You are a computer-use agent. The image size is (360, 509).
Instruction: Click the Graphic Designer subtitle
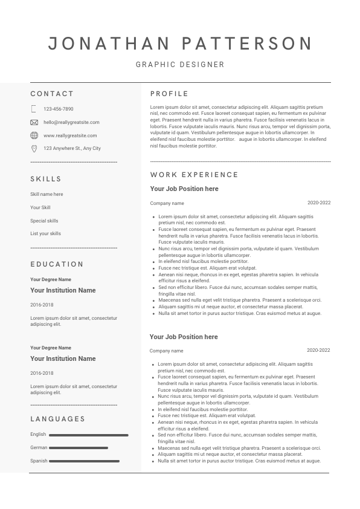180,65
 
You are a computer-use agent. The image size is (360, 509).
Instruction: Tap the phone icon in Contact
34,109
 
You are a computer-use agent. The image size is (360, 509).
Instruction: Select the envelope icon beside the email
34,122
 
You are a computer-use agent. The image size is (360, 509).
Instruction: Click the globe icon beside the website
34,135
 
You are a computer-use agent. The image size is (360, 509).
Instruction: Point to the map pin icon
34,148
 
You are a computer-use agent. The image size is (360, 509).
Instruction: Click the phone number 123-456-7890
59,109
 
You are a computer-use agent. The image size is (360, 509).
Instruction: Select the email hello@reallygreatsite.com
71,122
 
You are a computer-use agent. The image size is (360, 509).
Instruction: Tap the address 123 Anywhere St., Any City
72,148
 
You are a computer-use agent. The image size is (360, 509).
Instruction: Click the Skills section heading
46,179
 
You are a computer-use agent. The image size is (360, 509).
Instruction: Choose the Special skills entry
44,221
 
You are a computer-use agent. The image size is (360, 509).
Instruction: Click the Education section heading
57,264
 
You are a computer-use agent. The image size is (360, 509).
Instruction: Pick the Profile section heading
169,94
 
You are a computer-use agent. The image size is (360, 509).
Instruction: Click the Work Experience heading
194,175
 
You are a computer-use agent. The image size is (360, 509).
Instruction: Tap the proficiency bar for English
88,435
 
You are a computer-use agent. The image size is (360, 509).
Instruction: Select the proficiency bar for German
79,448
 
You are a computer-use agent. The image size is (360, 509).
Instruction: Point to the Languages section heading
57,419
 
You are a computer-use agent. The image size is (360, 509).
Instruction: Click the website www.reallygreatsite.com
70,135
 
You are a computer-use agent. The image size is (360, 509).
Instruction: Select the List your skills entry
45,233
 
